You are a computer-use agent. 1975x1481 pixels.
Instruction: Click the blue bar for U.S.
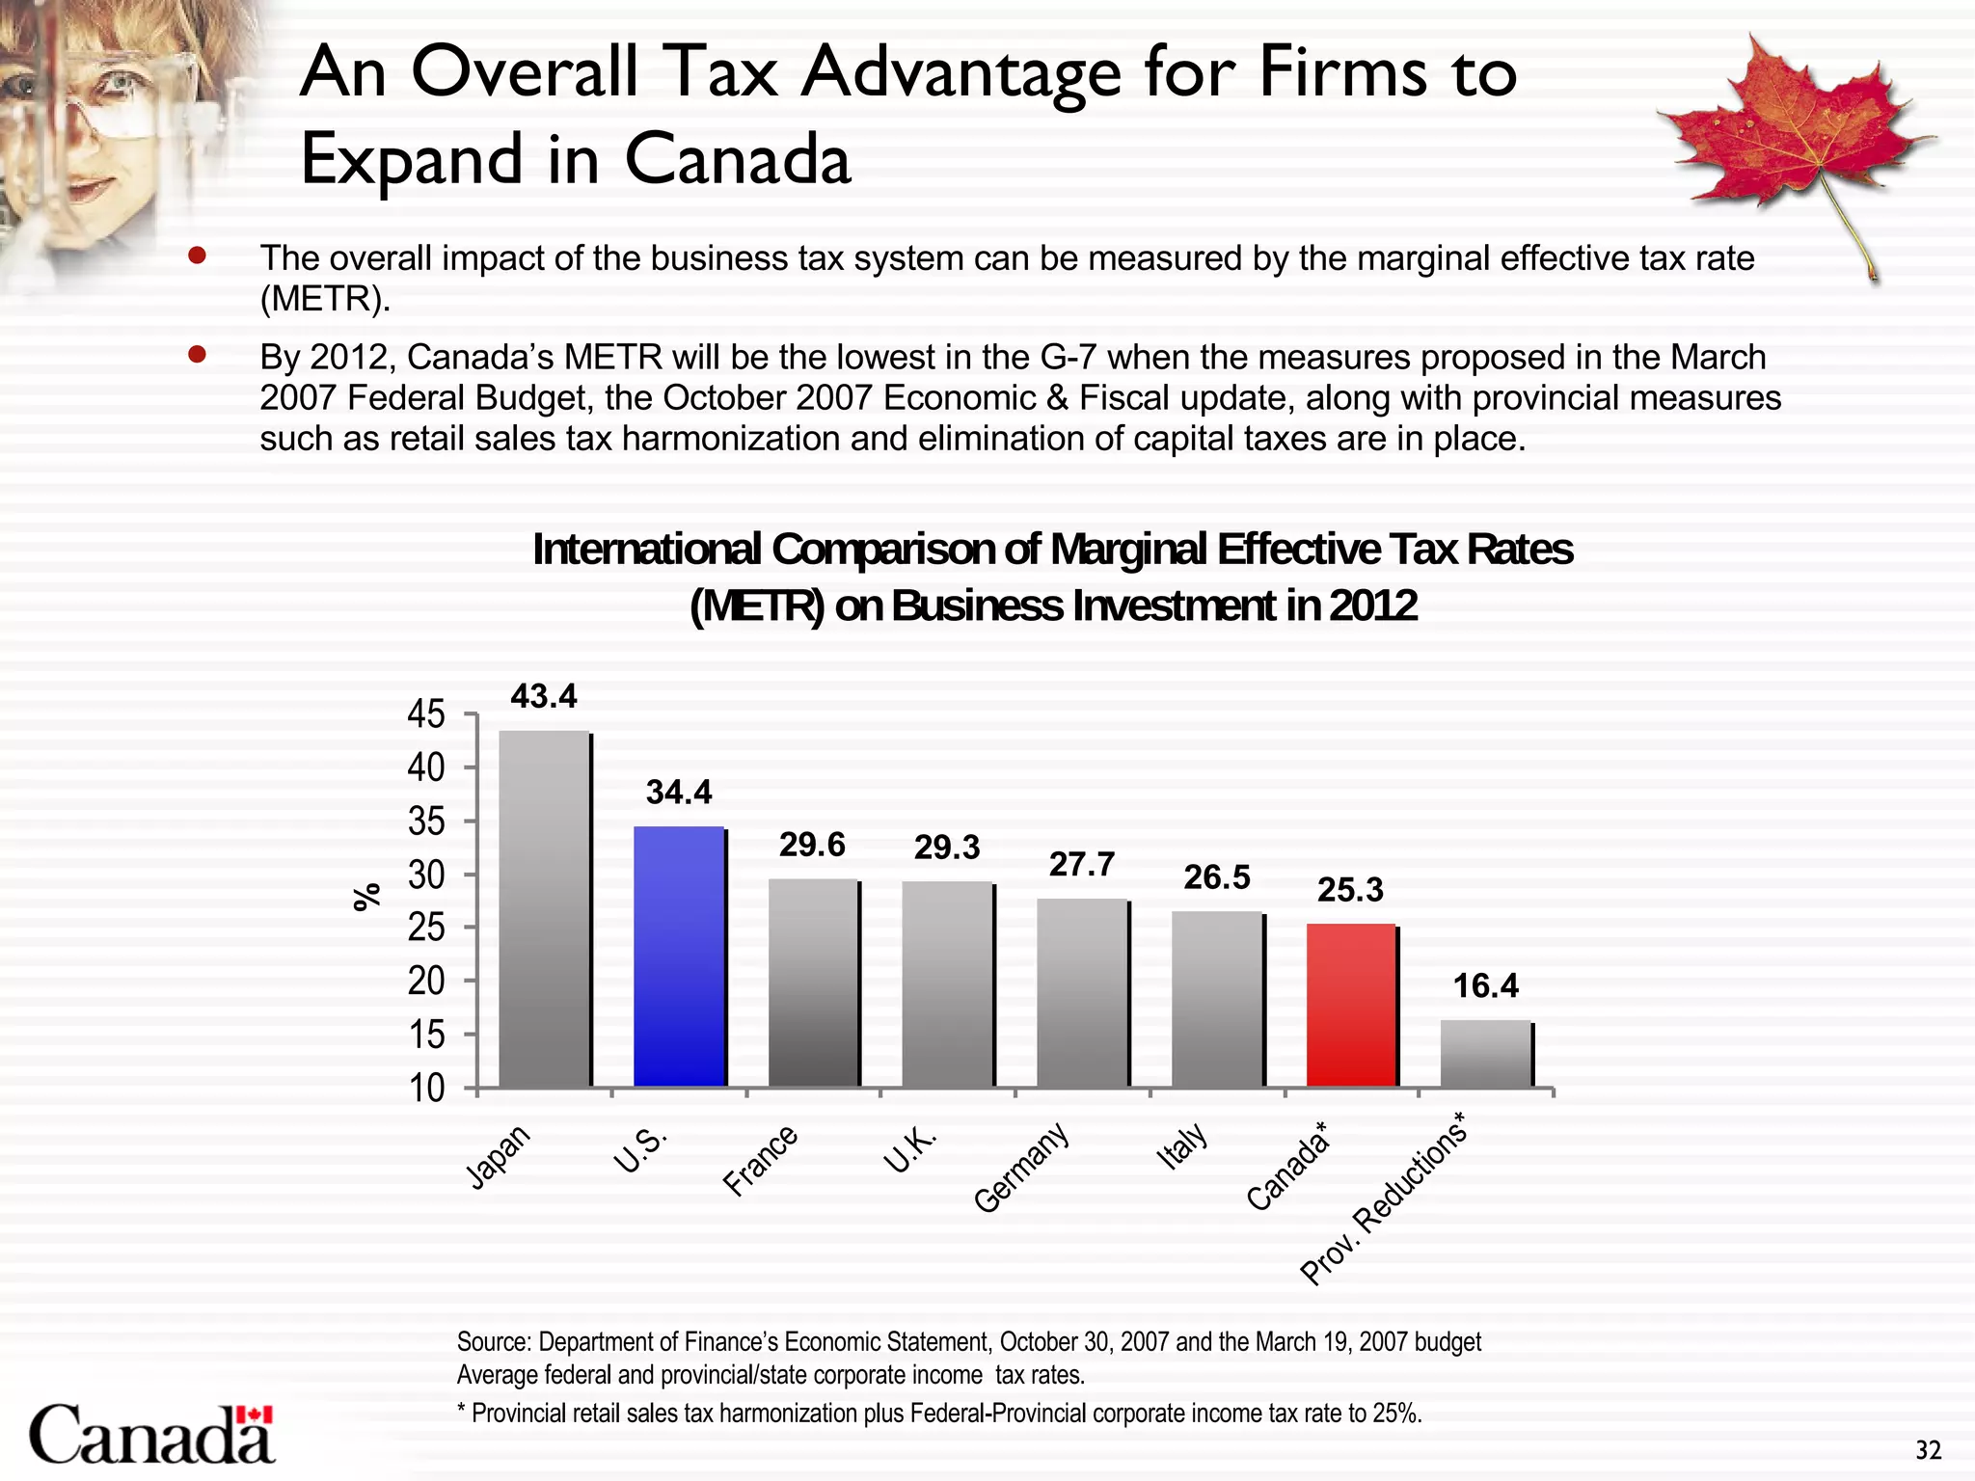tap(679, 956)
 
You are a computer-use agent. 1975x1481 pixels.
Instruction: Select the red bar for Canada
tap(1351, 1006)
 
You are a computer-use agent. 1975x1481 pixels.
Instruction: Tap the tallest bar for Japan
tap(544, 909)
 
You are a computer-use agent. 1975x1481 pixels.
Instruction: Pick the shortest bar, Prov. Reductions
tap(1485, 1054)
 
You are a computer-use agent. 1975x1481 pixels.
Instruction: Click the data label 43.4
tap(544, 696)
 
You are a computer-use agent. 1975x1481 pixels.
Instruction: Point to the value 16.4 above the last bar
tap(1485, 985)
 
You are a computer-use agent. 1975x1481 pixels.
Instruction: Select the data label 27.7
tap(1082, 865)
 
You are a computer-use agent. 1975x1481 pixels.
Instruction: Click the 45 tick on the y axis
tap(426, 714)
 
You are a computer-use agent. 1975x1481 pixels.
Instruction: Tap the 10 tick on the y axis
tap(426, 1089)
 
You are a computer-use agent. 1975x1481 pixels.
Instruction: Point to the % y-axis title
tap(366, 897)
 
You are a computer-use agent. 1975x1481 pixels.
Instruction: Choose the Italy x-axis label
tap(1182, 1146)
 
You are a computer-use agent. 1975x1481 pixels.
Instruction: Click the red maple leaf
tap(1794, 135)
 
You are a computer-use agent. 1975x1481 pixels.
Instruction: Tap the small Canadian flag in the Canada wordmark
tap(255, 1414)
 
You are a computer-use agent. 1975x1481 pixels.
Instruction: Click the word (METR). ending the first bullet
tap(325, 300)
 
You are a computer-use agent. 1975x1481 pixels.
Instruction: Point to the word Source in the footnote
tap(492, 1342)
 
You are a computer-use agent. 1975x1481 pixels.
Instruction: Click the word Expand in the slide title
tap(412, 159)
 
